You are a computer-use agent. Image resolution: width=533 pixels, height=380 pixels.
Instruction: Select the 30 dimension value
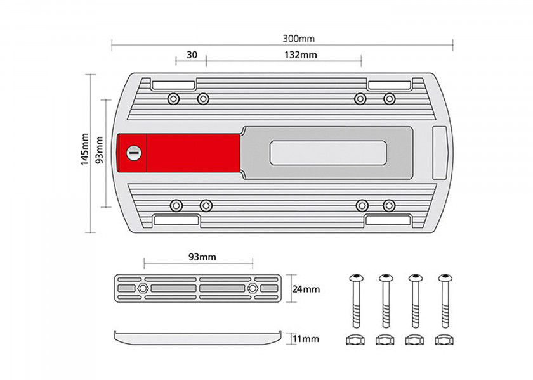(x=192, y=55)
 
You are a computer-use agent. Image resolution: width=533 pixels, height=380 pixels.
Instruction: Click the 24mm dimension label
(x=306, y=289)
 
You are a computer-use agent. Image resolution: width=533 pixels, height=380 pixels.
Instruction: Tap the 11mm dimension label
(x=305, y=339)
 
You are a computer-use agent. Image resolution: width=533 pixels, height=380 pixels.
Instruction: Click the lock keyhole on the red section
(x=133, y=153)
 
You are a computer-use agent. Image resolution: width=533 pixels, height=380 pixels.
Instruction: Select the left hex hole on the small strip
(x=143, y=288)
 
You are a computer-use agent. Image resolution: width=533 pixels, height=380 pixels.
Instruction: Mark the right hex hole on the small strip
(x=254, y=288)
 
